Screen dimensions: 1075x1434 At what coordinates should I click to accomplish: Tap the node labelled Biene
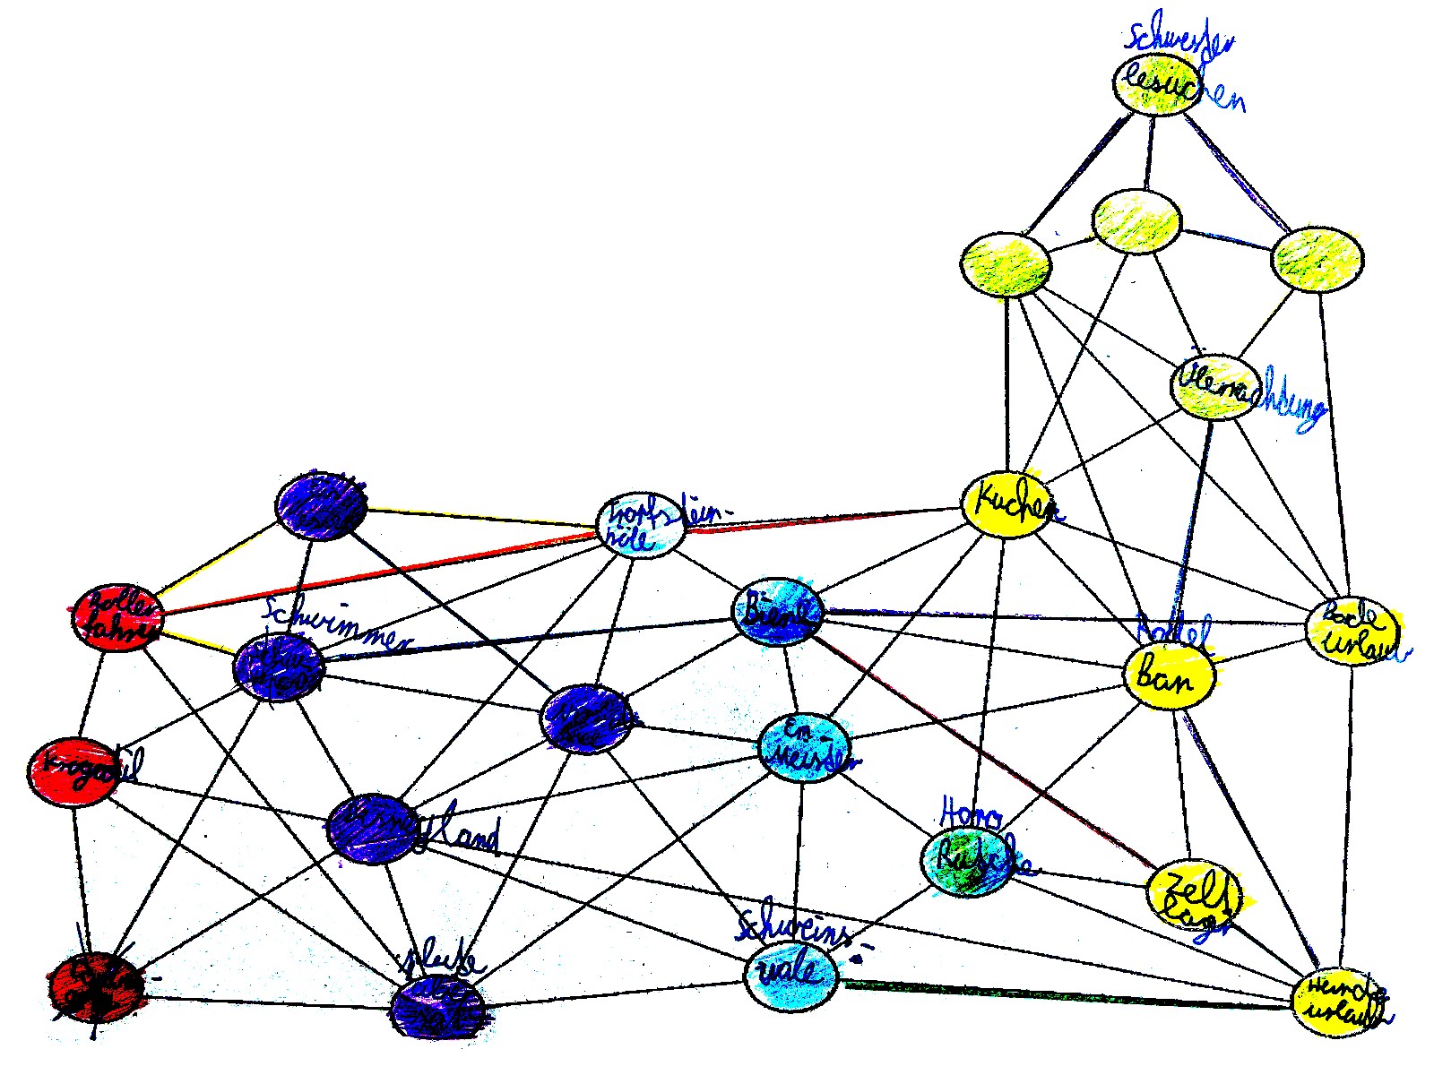point(779,611)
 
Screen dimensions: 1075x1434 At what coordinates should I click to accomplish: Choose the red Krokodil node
point(73,772)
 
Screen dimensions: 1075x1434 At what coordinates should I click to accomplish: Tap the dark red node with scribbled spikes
point(94,987)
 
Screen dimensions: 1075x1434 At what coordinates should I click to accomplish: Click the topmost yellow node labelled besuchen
point(1157,85)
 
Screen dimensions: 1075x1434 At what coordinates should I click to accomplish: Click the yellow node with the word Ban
point(1169,675)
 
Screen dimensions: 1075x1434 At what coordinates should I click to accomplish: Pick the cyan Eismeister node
point(804,749)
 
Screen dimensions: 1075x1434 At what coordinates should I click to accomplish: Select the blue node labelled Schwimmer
point(278,668)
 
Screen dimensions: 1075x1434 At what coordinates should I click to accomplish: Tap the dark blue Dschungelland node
point(372,829)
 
